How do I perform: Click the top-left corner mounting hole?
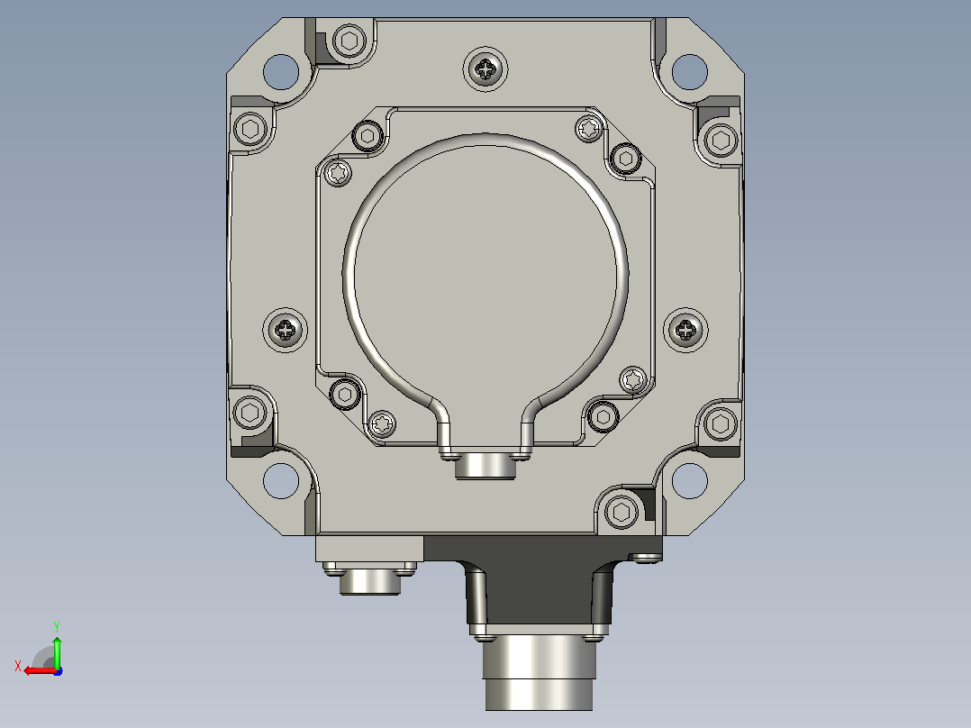pos(281,72)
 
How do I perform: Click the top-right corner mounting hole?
pos(690,72)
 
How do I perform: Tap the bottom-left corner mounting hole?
pos(281,481)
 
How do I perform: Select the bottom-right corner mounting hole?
pos(690,481)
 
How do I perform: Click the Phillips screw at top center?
pos(485,68)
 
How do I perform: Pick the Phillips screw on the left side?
pos(285,331)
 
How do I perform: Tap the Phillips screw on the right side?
pos(685,331)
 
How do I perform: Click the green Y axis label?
pos(57,626)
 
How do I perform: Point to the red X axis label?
pos(18,666)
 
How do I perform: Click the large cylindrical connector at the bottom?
pos(539,673)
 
